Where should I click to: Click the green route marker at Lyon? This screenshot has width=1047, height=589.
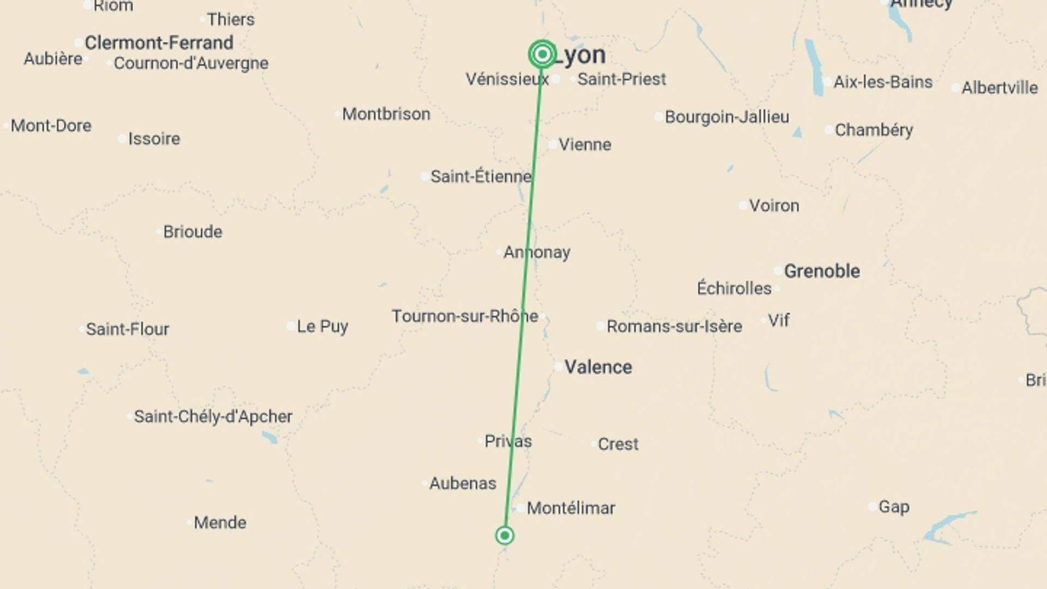[542, 54]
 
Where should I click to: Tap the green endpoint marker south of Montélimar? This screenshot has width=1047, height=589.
[504, 536]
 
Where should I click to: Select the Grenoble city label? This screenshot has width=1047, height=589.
[822, 271]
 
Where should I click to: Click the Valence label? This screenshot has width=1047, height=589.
[598, 367]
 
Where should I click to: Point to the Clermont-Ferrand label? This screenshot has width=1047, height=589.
[159, 43]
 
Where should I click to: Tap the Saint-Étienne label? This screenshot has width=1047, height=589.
[481, 176]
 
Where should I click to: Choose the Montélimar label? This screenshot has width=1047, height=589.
[571, 508]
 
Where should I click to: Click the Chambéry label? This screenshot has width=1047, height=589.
[874, 130]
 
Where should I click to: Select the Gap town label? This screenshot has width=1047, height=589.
[894, 507]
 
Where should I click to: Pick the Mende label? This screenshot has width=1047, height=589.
[220, 522]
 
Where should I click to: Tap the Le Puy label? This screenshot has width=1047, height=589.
[322, 326]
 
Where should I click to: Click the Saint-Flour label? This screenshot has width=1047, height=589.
[128, 329]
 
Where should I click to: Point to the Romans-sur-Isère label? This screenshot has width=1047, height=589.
[674, 326]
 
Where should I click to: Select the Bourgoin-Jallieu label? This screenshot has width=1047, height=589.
[727, 117]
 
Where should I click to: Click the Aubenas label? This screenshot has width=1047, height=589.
[462, 483]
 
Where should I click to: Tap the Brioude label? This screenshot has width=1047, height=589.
[192, 232]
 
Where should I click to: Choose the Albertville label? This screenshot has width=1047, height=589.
[999, 88]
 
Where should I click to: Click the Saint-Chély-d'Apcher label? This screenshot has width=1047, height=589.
[213, 417]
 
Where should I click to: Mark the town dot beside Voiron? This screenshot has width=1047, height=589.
[743, 206]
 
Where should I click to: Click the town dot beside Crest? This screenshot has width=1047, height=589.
[593, 444]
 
